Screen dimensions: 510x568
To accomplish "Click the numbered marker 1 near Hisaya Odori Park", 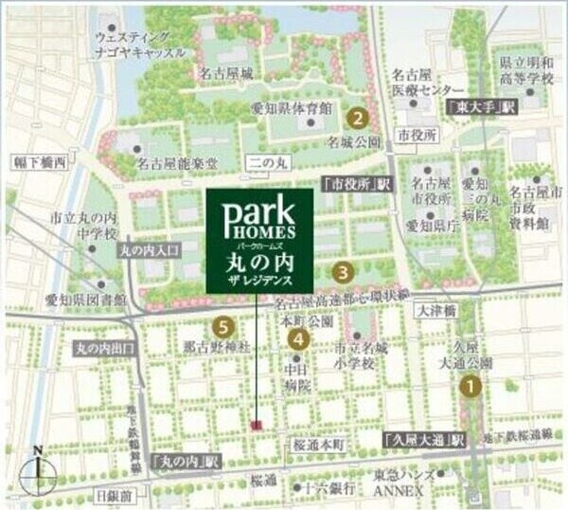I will [x=470, y=386].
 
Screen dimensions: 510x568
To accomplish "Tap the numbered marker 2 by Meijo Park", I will [x=357, y=119].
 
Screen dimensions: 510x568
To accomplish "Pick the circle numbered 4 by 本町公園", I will [x=297, y=337].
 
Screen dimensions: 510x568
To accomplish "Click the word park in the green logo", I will [x=258, y=210].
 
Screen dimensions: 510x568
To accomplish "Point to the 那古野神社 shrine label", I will [x=215, y=349].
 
